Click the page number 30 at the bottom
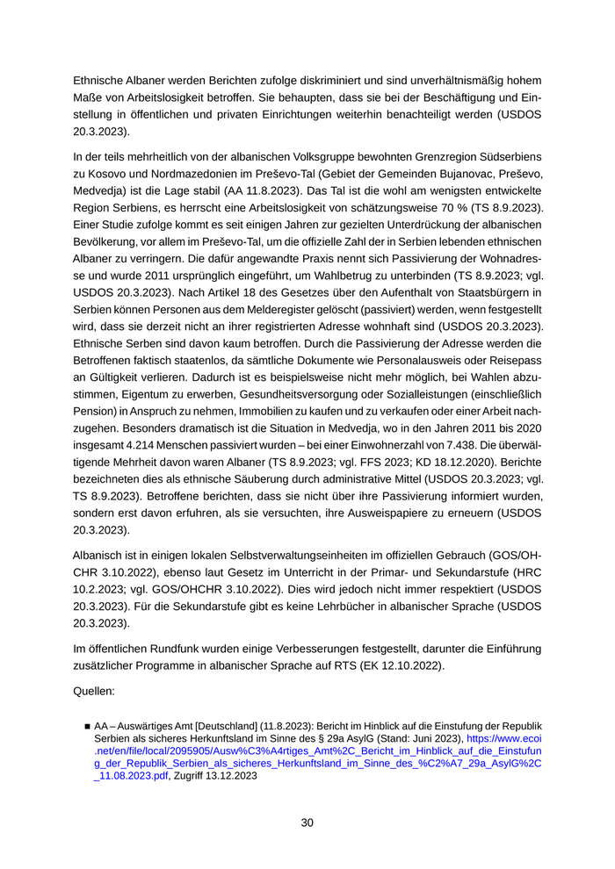click(307, 822)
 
